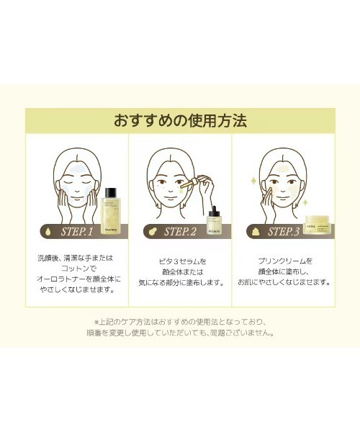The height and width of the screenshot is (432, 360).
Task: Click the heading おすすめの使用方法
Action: click(x=180, y=120)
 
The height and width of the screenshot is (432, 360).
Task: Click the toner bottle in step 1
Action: click(x=111, y=212)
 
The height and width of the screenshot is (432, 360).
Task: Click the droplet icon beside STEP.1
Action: click(x=49, y=232)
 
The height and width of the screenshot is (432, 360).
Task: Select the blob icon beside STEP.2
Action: click(x=152, y=232)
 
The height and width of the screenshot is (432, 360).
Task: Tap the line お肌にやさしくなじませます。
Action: click(x=284, y=282)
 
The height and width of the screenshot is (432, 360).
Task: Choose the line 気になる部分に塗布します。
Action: click(x=180, y=282)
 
